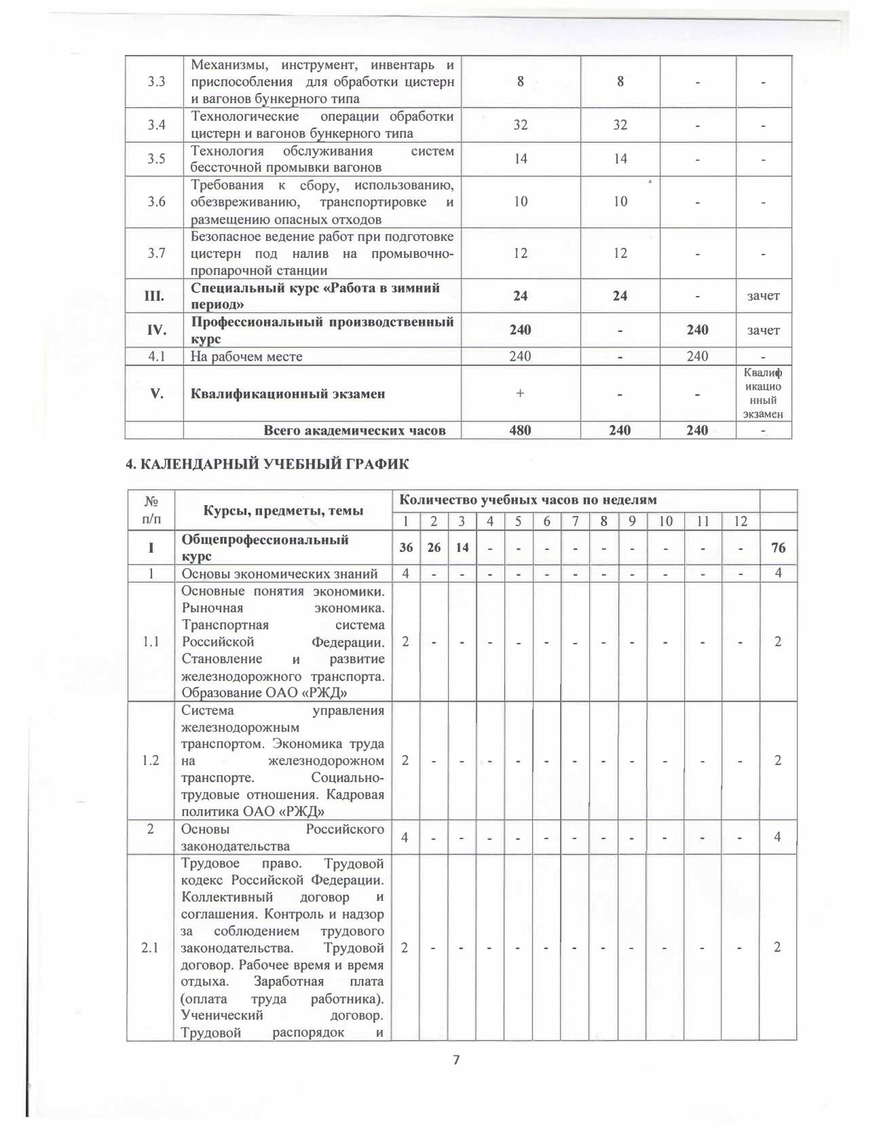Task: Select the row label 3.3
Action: [x=157, y=81]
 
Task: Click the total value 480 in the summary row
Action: [x=520, y=430]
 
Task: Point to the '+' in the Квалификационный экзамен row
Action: [x=520, y=393]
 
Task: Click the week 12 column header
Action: [x=740, y=521]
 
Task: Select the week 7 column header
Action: [x=575, y=521]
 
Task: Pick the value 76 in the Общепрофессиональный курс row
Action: [x=778, y=547]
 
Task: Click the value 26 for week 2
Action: [x=434, y=547]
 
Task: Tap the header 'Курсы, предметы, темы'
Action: [x=284, y=511]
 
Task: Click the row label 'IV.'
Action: [x=157, y=330]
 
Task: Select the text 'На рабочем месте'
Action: [x=246, y=356]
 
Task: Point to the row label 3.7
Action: [x=157, y=253]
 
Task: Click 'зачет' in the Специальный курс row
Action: [x=763, y=295]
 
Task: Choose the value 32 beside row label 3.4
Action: [x=520, y=125]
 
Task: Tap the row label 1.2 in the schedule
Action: [x=151, y=760]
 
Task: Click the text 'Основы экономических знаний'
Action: [x=279, y=573]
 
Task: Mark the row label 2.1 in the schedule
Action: [x=150, y=947]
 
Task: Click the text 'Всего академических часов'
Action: [x=354, y=430]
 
